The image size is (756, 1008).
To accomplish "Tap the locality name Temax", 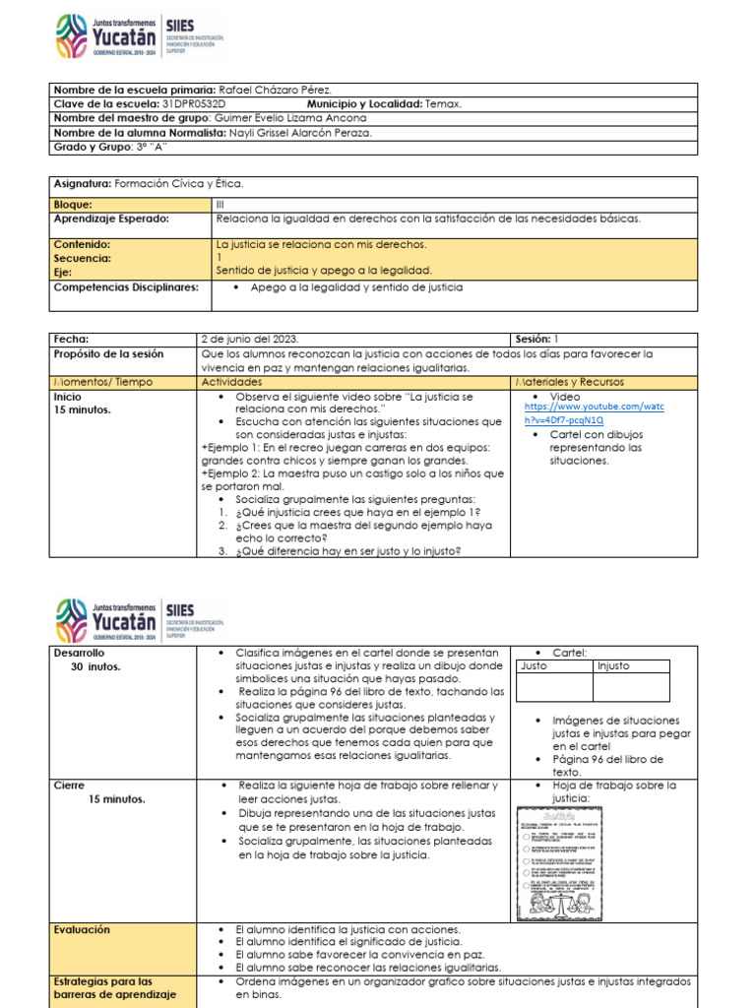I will [x=444, y=103].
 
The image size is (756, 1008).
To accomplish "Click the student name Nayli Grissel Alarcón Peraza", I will [x=312, y=133].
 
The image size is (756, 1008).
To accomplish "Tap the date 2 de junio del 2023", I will [x=250, y=338].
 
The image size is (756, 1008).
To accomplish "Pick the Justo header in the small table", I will [x=534, y=666].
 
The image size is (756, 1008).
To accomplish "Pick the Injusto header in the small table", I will [x=615, y=666].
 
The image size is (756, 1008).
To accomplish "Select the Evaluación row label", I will [x=83, y=929].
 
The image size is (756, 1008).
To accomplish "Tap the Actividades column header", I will [x=231, y=381].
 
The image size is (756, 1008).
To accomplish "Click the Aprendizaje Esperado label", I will [x=110, y=219].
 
